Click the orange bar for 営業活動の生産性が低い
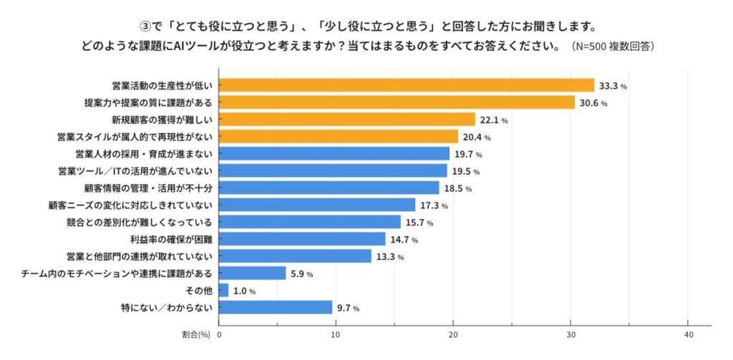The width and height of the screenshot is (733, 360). pyautogui.click(x=407, y=85)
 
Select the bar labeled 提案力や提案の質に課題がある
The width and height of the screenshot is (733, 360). pyautogui.click(x=397, y=102)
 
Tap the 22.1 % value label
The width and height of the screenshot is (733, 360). pyautogui.click(x=494, y=120)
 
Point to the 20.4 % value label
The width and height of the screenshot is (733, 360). pyautogui.click(x=477, y=137)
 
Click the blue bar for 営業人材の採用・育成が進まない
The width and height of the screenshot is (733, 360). pyautogui.click(x=334, y=154)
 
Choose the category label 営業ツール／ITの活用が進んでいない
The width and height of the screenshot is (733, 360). pyautogui.click(x=135, y=171)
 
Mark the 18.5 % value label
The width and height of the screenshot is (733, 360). pyautogui.click(x=457, y=189)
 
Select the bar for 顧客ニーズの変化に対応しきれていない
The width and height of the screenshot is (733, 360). pyautogui.click(x=317, y=205)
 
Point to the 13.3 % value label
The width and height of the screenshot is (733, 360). pyautogui.click(x=390, y=257)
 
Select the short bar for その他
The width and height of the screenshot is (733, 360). pyautogui.click(x=224, y=291)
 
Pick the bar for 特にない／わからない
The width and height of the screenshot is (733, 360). pyautogui.click(x=276, y=308)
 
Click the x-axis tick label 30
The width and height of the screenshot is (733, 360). pyautogui.click(x=571, y=334)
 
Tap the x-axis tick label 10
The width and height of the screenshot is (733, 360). pyautogui.click(x=336, y=334)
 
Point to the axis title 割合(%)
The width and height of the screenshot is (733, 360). pyautogui.click(x=197, y=334)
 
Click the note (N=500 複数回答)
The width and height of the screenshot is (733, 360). pyautogui.click(x=613, y=47)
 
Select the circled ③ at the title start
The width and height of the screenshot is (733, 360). pyautogui.click(x=145, y=26)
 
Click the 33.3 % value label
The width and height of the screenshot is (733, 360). pyautogui.click(x=613, y=86)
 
